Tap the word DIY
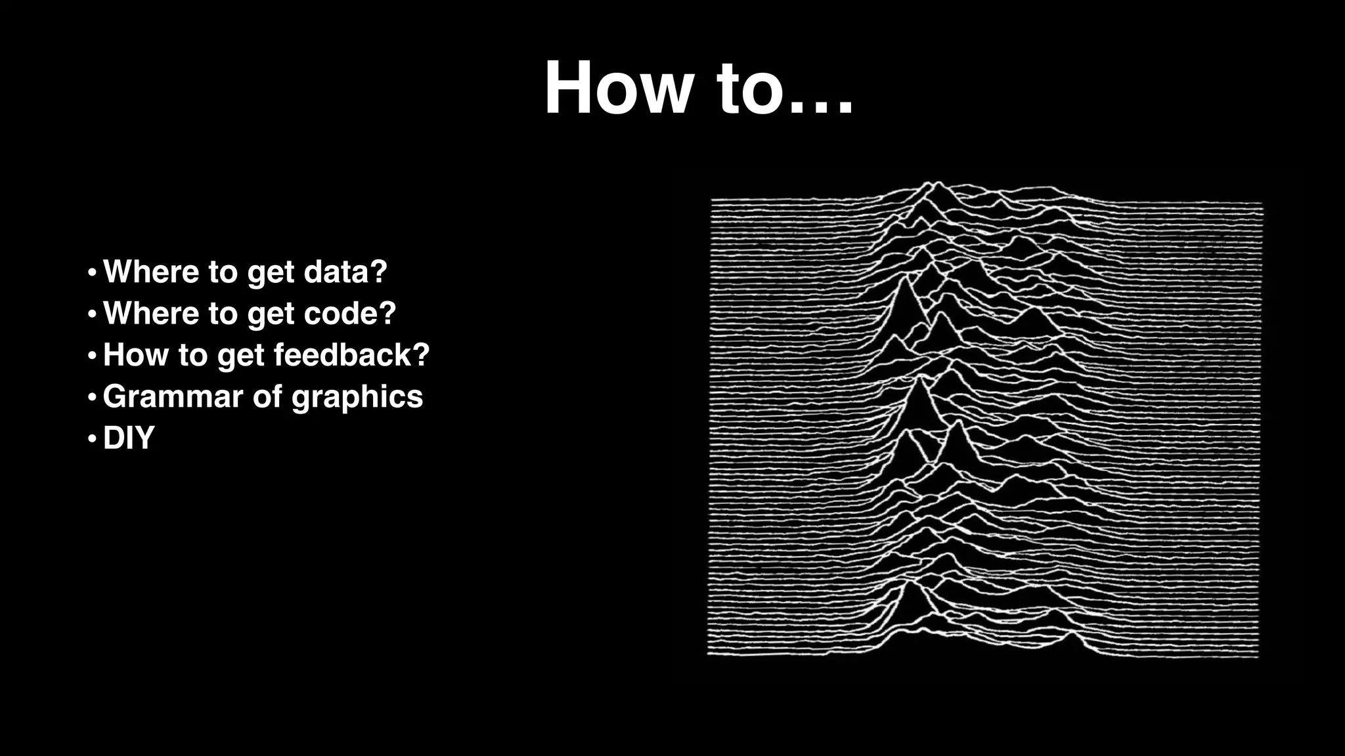[129, 438]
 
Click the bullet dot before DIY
[92, 438]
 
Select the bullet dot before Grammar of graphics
[92, 397]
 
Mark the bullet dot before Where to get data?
[92, 272]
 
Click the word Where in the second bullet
[151, 313]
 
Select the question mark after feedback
[421, 355]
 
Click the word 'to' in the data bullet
[223, 272]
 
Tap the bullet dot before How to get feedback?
[92, 355]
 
